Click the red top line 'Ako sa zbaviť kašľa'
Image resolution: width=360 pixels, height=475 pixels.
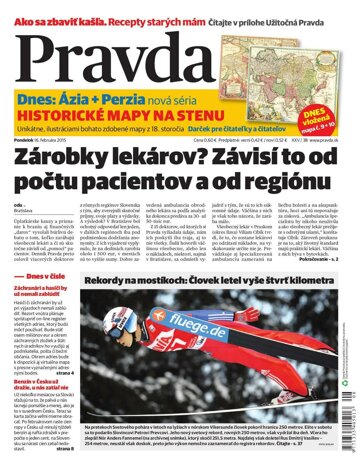point(60,7)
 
